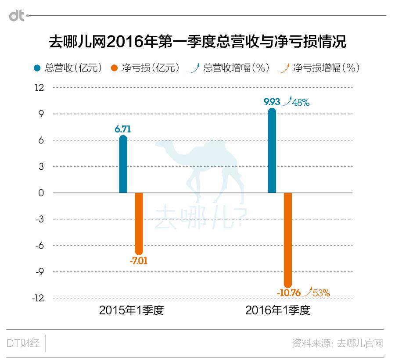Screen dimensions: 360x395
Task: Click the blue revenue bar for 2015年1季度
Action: (123, 164)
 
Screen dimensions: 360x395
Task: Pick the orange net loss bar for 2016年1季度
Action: (288, 239)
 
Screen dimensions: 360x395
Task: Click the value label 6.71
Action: (123, 129)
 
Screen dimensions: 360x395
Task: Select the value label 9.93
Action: (272, 102)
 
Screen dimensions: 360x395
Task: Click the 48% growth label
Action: (302, 103)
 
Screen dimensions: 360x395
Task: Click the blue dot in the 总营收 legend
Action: (38, 68)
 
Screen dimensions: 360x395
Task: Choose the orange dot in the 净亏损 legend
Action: (115, 68)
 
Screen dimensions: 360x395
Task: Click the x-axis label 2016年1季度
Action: (278, 310)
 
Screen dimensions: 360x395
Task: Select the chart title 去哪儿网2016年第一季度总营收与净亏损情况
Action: (197, 42)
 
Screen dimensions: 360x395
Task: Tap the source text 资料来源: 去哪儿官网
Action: (337, 343)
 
